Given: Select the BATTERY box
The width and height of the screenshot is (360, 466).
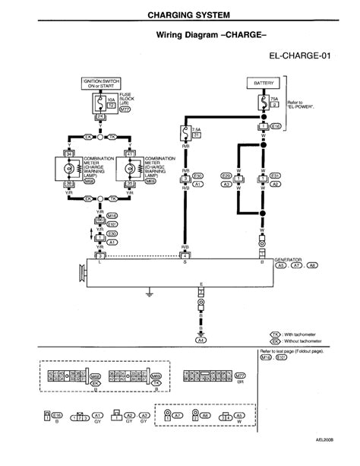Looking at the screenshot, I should coord(263,81).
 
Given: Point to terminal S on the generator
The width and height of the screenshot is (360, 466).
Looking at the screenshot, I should coord(186,262).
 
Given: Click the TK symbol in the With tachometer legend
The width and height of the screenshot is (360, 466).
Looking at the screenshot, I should coord(276,334).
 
